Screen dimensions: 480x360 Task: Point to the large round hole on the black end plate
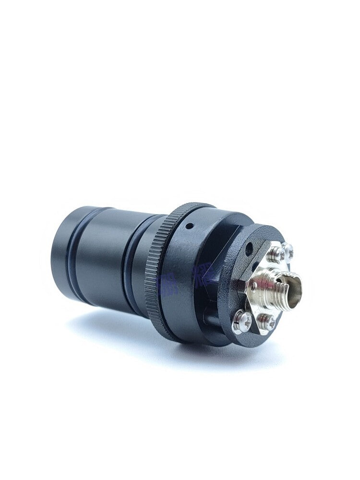pyautogui.click(x=249, y=249)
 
